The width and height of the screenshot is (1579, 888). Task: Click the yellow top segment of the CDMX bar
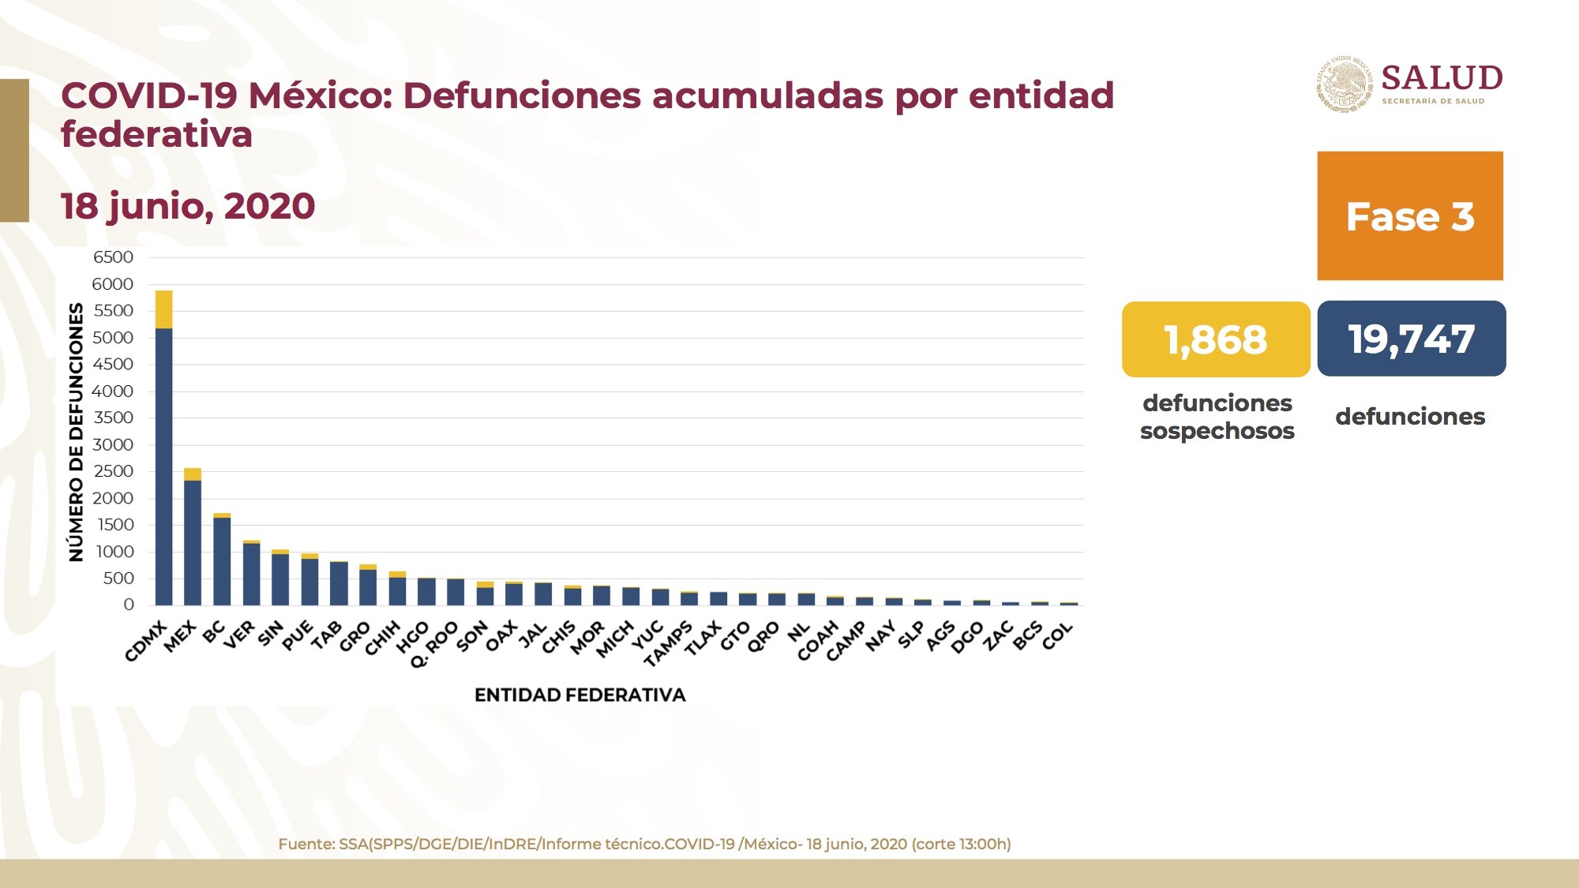[x=163, y=309]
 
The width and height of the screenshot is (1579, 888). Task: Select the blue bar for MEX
[x=193, y=542]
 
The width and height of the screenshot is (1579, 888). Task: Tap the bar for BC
[x=222, y=560]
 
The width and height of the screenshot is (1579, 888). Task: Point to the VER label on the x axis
[x=240, y=635]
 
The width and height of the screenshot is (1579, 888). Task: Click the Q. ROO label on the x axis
[x=434, y=643]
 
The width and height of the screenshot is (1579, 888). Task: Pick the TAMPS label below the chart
[x=668, y=643]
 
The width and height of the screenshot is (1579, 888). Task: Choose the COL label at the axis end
[x=1058, y=635]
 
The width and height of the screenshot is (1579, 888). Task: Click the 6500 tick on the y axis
[x=113, y=257]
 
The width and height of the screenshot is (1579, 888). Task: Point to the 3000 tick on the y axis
[x=113, y=444]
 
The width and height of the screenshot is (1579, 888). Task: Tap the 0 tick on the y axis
[x=129, y=605]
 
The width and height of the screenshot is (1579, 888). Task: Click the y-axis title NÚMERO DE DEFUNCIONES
[x=76, y=432]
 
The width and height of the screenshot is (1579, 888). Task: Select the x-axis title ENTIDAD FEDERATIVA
[x=579, y=695]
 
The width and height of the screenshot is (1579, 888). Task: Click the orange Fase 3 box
[x=1410, y=215]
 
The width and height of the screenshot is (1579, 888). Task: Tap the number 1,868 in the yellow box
[x=1216, y=339]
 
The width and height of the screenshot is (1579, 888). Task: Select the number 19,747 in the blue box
[x=1412, y=339]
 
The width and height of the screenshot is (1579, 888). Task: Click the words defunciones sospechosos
[x=1217, y=417]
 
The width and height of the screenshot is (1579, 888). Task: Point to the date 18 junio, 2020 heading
[x=188, y=206]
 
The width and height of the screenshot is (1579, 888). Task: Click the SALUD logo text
[x=1442, y=78]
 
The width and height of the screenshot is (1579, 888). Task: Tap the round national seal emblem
[x=1345, y=84]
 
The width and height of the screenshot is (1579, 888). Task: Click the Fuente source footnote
[x=644, y=844]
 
